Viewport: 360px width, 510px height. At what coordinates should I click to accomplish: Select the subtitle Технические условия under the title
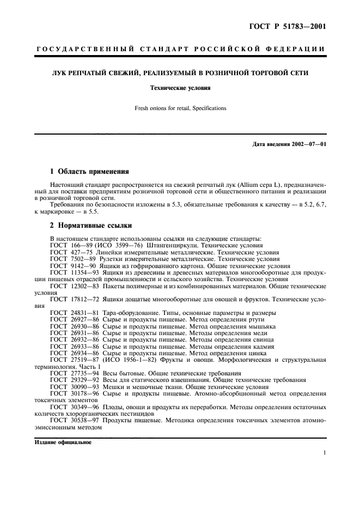[x=180, y=87]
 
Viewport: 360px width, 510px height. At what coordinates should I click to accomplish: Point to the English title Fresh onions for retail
[x=180, y=108]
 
